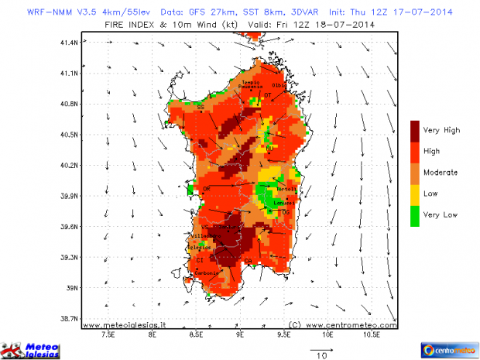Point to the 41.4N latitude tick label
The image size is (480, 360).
[69, 42]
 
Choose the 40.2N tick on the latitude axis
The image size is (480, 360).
[69, 165]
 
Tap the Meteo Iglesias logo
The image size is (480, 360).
[31, 350]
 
